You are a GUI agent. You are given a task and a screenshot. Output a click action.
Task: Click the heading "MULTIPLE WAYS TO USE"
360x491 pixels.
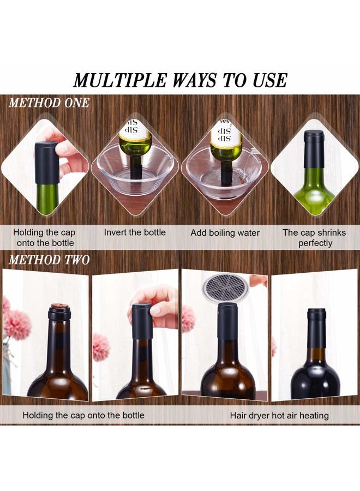[x=181, y=80]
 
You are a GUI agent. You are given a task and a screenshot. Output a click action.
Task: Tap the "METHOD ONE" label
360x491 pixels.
[x=49, y=103]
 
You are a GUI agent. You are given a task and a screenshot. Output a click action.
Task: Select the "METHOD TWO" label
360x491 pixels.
[x=49, y=260]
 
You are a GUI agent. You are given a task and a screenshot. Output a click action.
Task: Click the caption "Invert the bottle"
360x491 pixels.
[x=135, y=232]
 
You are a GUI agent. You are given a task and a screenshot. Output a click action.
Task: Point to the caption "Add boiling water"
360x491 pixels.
[x=225, y=233]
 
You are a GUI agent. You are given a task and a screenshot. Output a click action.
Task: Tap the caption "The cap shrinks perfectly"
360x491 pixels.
[x=314, y=238]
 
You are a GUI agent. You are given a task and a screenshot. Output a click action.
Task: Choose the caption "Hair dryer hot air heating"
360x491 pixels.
[x=279, y=416]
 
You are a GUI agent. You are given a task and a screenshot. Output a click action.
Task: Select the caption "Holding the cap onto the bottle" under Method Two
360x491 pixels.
[x=83, y=415]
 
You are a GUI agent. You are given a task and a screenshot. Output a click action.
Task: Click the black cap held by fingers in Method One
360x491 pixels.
[x=46, y=163]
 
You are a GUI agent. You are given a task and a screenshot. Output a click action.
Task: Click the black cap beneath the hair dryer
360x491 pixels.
[x=227, y=320]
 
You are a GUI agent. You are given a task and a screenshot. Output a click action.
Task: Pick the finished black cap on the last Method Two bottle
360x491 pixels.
[x=316, y=327]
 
